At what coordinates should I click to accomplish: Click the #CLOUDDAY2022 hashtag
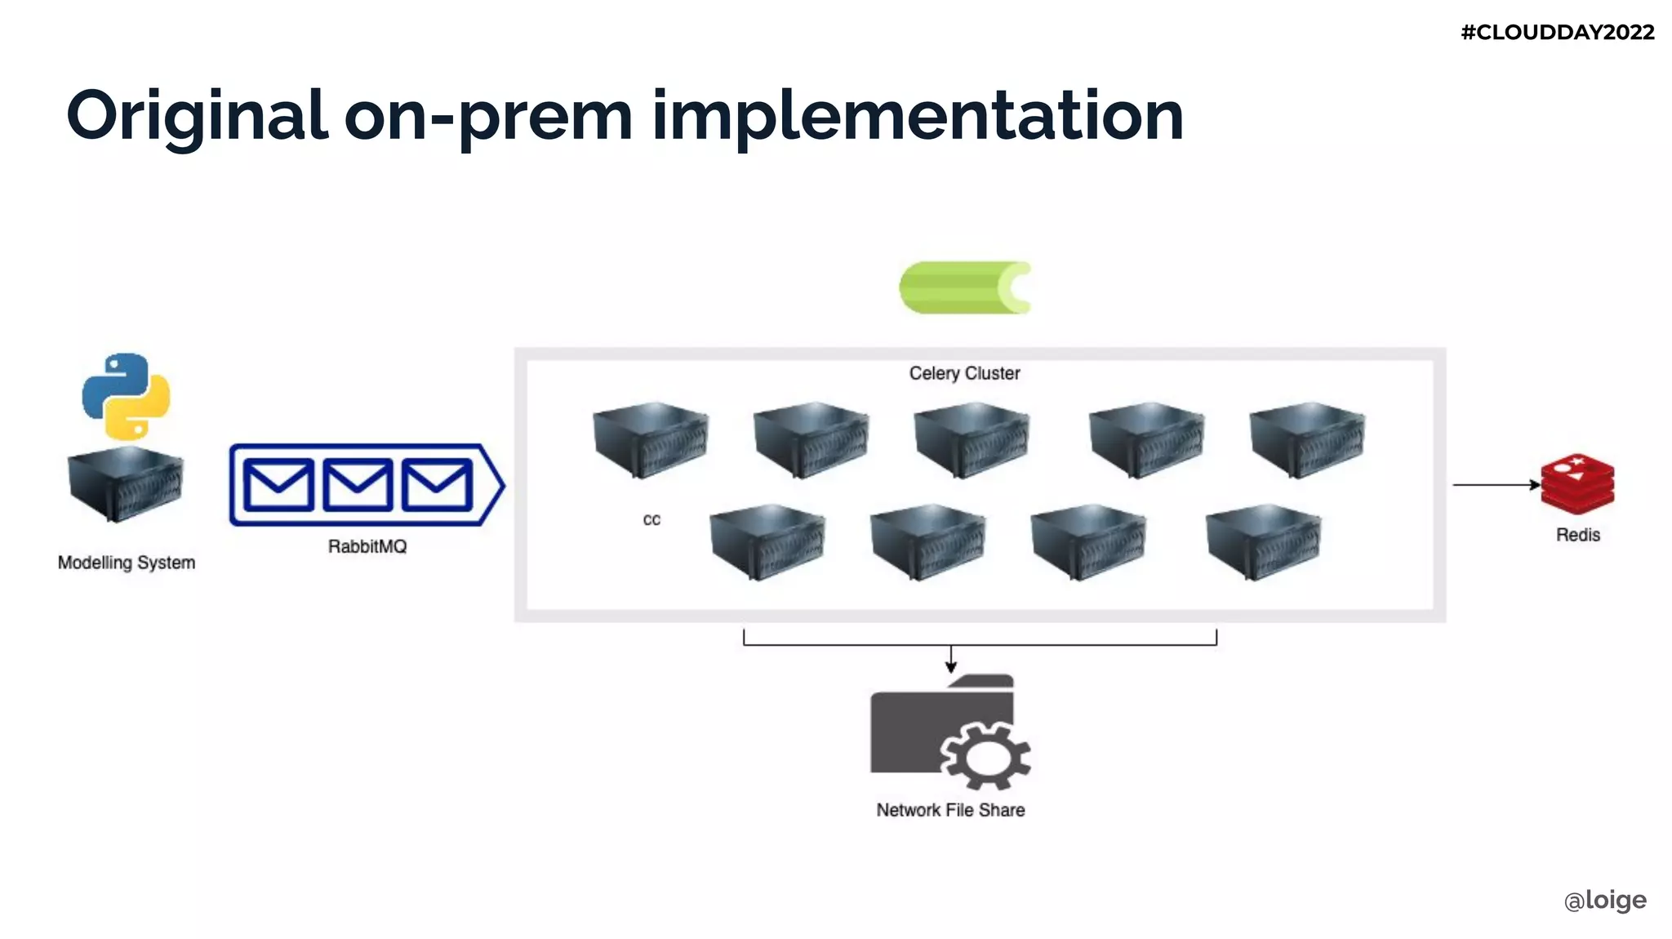pos(1557,33)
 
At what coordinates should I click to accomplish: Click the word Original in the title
pos(197,117)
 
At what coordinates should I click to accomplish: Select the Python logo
pos(126,396)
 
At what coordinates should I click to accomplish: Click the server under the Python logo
pos(126,483)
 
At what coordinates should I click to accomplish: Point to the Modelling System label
pos(127,563)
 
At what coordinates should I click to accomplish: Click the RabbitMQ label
pos(367,546)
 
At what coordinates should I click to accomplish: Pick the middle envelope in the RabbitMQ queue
pos(358,485)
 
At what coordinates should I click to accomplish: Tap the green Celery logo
pos(964,287)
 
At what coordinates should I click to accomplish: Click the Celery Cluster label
pos(964,373)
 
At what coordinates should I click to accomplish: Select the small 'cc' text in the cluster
pos(651,520)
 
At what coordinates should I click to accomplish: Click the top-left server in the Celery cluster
pos(651,439)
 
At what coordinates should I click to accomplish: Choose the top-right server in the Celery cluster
pos(1307,439)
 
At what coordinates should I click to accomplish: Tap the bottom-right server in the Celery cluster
pos(1263,541)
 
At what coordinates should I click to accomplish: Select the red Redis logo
pos(1577,483)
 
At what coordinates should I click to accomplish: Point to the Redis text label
pos(1577,535)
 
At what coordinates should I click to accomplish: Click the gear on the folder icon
pos(985,755)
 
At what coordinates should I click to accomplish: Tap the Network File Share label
pos(950,810)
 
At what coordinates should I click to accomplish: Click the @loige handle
pos(1605,900)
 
